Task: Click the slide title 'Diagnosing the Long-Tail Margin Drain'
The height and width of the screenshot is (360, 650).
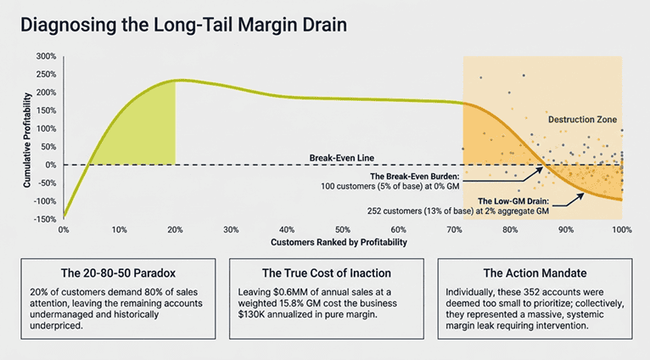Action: coord(184,25)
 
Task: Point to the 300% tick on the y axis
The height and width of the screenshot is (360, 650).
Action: coord(46,56)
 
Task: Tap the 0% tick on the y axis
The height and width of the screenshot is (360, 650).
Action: coord(51,165)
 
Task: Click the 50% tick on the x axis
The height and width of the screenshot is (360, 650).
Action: coord(343,230)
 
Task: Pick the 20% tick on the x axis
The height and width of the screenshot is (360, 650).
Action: coord(175,230)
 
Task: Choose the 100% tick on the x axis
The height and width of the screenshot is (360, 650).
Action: coord(621,230)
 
